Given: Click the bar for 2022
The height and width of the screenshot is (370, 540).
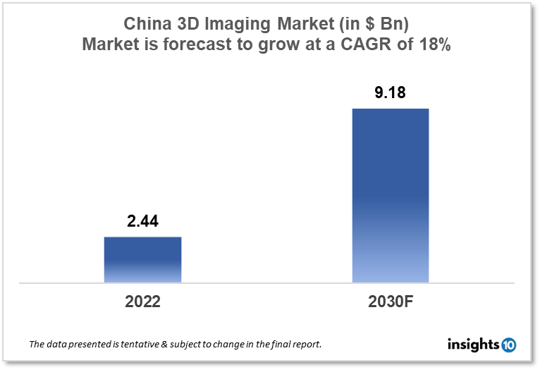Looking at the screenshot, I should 142,259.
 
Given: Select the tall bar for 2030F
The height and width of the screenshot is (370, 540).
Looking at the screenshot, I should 391,196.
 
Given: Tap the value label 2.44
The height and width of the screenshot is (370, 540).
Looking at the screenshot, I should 142,222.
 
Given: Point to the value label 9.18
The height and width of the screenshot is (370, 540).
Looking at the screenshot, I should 391,92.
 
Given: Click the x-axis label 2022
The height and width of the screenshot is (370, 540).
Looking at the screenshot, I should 142,302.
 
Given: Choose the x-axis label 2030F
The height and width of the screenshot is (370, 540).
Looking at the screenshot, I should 391,302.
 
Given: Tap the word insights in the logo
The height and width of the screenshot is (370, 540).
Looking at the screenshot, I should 473,345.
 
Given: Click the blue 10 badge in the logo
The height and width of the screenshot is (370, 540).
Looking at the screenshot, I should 508,345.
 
